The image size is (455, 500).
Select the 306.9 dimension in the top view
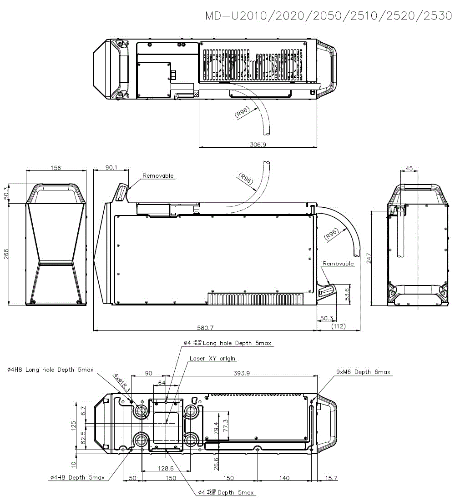[258, 144]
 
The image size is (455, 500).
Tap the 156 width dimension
[56, 168]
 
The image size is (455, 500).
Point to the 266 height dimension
[6, 254]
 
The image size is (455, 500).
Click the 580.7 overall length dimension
[204, 327]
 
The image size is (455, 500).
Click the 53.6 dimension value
[347, 293]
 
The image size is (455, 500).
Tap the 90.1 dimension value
[111, 167]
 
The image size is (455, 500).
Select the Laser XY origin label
[213, 359]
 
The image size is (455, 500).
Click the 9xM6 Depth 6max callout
[363, 372]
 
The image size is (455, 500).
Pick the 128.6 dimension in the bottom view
[165, 468]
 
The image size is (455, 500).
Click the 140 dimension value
[284, 478]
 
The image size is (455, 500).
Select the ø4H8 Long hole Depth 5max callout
[50, 370]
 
